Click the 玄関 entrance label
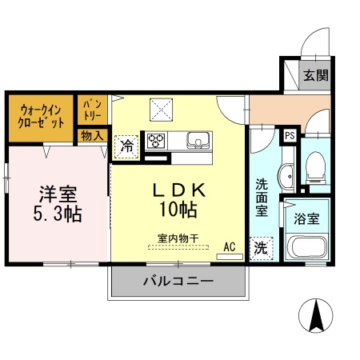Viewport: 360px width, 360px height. coord(316,76)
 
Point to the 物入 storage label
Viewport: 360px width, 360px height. coord(91,136)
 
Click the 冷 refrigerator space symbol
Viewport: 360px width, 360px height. coord(126,146)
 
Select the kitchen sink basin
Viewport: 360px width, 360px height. coord(198,141)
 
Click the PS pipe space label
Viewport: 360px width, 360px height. coord(290,135)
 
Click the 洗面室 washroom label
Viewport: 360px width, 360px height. coord(262,197)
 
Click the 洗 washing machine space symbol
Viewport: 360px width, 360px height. coord(261,248)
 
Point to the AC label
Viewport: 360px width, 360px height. coord(230,246)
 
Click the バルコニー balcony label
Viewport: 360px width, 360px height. coord(178,282)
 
